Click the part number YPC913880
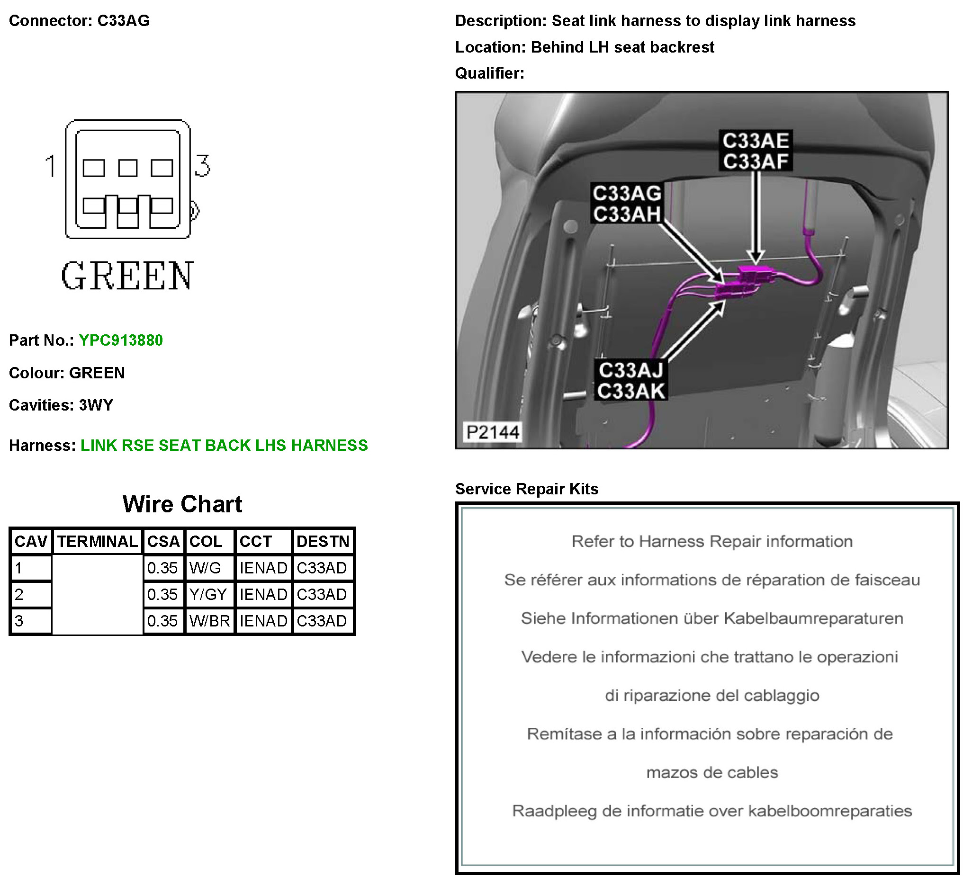(120, 340)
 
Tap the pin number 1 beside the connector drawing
(51, 166)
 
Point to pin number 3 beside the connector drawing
(203, 166)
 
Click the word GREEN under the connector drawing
(127, 276)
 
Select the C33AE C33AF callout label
(755, 151)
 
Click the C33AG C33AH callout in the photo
(626, 204)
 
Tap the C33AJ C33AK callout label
(630, 380)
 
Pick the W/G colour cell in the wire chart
(206, 568)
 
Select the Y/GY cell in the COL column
(208, 594)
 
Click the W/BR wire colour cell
(209, 621)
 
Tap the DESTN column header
(323, 541)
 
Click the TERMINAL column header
(98, 541)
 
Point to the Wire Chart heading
(182, 504)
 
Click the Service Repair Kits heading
(527, 489)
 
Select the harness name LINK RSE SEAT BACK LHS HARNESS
(224, 446)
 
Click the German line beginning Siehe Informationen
(711, 618)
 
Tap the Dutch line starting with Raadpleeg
(711, 811)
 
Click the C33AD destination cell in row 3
(322, 621)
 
